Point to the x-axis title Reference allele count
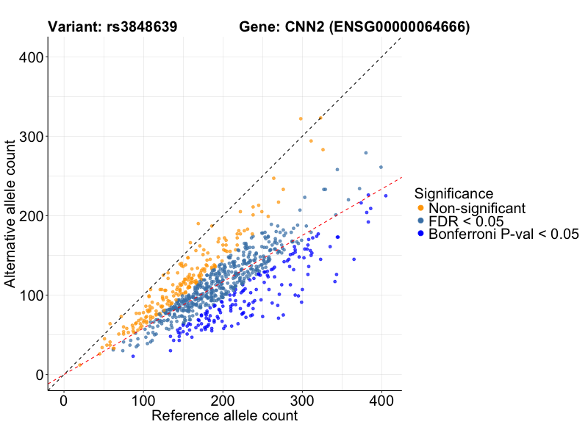224,416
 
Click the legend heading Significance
453,194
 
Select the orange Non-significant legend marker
420,209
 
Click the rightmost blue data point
385,196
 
